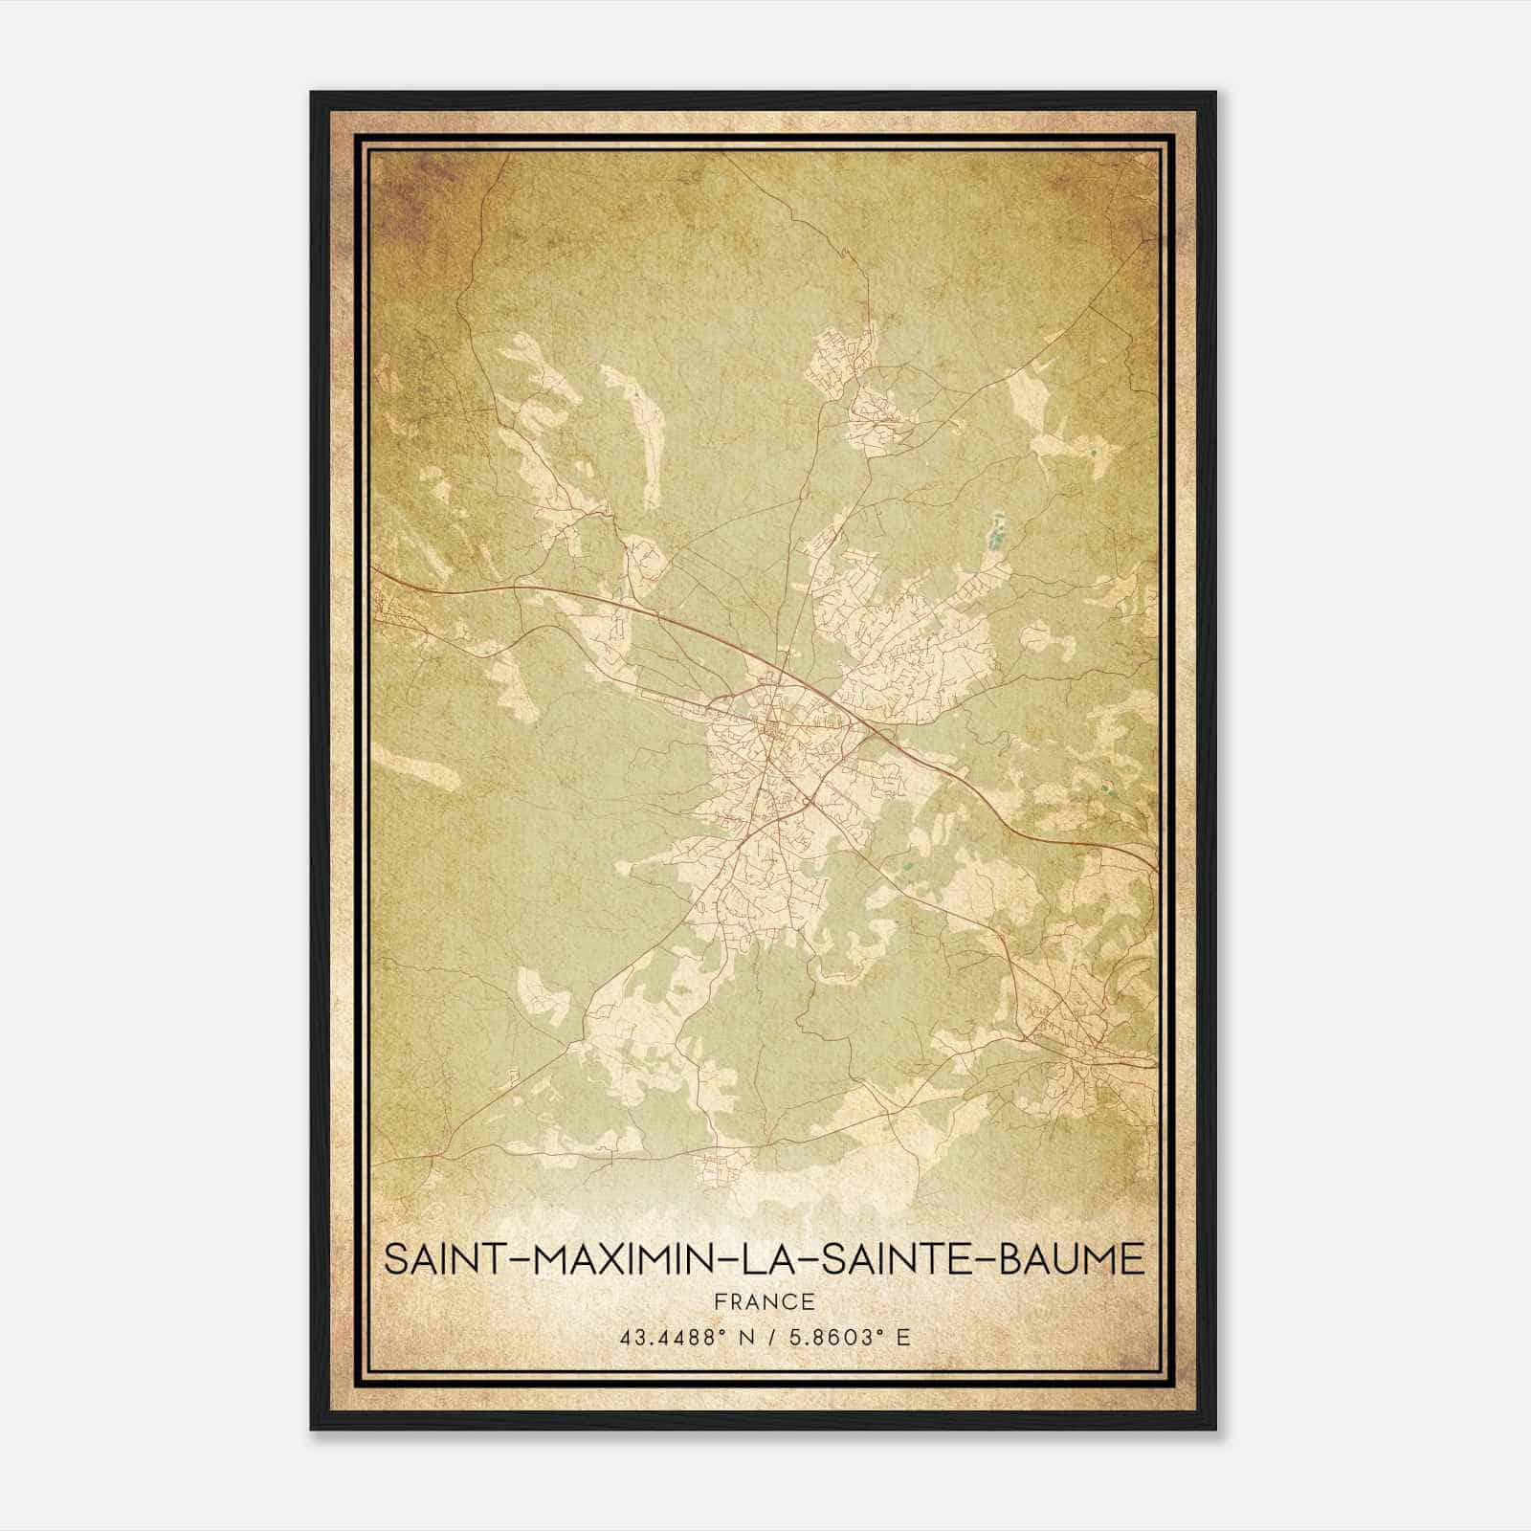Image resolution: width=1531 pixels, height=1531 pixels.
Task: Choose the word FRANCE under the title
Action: (765, 1301)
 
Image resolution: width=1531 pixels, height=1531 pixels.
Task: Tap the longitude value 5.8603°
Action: (835, 1338)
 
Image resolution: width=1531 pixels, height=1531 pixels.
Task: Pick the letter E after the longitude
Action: (904, 1338)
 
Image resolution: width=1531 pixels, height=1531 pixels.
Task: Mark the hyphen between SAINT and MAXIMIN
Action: (520, 1260)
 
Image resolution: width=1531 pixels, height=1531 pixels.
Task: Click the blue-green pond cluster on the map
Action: (996, 532)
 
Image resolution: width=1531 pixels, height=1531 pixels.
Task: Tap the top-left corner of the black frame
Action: (313, 94)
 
